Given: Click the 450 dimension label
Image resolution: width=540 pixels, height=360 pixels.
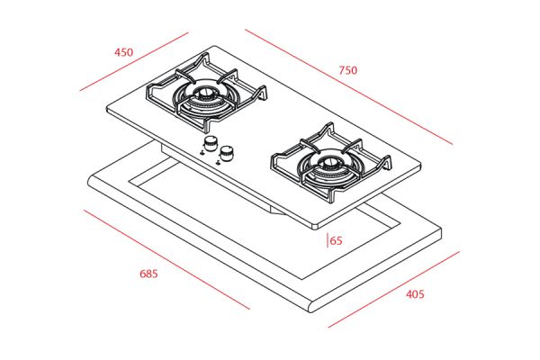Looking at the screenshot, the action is (123, 52).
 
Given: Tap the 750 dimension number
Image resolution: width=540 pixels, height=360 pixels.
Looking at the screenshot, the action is (347, 70).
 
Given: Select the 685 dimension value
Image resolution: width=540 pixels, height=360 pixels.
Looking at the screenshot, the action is (148, 274).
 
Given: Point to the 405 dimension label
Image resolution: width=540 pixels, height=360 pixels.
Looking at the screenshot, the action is (415, 294).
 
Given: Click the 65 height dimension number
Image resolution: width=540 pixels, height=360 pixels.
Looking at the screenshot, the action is (337, 240).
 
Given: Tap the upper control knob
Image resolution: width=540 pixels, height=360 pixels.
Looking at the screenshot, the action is (210, 143).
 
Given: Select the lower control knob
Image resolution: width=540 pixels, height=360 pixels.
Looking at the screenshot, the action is (227, 153).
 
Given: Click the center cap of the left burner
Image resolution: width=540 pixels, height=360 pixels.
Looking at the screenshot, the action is (204, 93).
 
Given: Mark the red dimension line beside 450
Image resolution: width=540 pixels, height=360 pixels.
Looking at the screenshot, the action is (134, 62).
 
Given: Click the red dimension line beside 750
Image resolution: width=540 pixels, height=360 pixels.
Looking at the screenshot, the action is (348, 87).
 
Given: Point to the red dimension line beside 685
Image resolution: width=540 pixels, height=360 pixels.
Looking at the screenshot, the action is (166, 260).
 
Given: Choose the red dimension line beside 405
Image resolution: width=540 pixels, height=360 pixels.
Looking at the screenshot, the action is (394, 290).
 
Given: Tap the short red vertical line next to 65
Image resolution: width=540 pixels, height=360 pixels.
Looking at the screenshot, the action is (328, 240).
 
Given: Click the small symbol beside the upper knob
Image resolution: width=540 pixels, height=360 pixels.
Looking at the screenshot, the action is (202, 152).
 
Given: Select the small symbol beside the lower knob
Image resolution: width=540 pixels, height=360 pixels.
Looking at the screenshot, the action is (218, 162).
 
